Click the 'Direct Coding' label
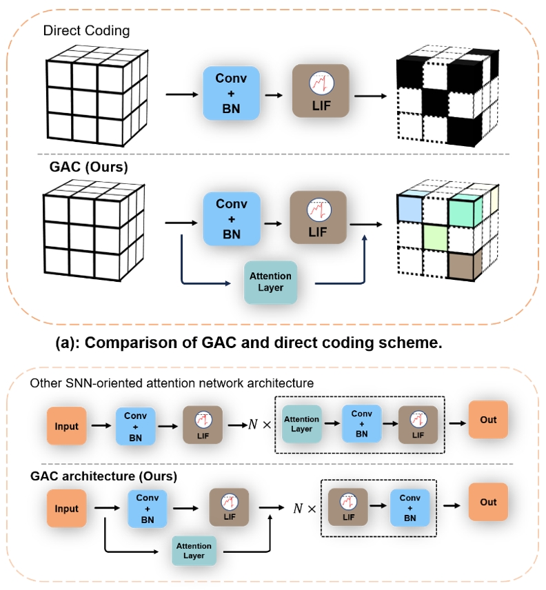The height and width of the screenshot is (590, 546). (86, 31)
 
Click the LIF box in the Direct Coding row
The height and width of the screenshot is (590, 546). (321, 92)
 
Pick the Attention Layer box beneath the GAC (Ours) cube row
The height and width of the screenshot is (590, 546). (270, 282)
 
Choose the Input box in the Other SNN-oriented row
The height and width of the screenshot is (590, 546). (67, 426)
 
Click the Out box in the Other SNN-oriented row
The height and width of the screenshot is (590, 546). (488, 420)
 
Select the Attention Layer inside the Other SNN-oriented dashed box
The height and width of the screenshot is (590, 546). (301, 424)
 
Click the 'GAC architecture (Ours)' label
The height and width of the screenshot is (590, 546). (103, 476)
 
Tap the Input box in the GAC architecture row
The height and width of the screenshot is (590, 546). (67, 509)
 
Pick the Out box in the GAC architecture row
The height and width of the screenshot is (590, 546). (488, 502)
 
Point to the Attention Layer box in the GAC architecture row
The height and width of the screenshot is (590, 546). (194, 550)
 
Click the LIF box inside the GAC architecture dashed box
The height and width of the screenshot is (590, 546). (348, 507)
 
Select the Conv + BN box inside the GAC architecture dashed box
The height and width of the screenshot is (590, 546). (410, 507)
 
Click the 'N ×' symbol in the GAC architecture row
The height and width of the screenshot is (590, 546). (304, 509)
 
